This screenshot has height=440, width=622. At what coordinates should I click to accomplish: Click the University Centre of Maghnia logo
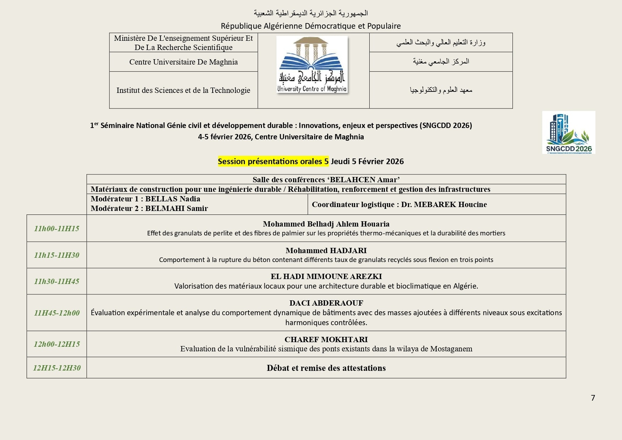coord(312,65)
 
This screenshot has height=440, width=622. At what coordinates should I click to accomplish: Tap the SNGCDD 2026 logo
coord(568,132)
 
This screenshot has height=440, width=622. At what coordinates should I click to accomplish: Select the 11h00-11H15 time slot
coord(57,229)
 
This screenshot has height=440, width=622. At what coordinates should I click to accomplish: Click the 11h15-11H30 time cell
coord(57,255)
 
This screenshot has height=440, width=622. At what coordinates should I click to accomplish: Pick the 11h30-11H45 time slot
coord(57,282)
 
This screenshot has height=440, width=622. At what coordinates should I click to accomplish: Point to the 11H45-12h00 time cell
coord(57,313)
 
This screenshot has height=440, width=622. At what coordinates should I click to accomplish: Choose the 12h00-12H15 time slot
coord(57,344)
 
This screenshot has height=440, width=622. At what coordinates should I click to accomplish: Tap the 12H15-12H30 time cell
coord(57,368)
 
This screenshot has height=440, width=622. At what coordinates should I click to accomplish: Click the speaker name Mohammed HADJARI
coord(326,251)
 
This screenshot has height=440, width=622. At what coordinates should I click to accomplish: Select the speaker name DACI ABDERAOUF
coord(326,303)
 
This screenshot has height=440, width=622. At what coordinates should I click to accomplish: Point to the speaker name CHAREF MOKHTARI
coord(326,340)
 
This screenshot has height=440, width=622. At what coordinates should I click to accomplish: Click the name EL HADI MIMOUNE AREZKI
coord(326,277)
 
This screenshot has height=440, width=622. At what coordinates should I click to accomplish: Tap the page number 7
coord(593,398)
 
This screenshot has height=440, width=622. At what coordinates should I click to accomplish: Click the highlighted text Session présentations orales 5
coord(273,162)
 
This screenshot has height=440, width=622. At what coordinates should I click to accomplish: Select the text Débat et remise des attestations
coord(326,368)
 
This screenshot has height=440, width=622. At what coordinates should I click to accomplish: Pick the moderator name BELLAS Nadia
coord(173,199)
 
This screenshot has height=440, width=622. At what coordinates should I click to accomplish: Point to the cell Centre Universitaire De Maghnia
coord(183,62)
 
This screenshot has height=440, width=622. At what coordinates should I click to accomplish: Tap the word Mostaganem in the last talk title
coord(451,349)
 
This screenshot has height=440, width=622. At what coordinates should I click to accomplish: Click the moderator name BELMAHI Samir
coord(176,208)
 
